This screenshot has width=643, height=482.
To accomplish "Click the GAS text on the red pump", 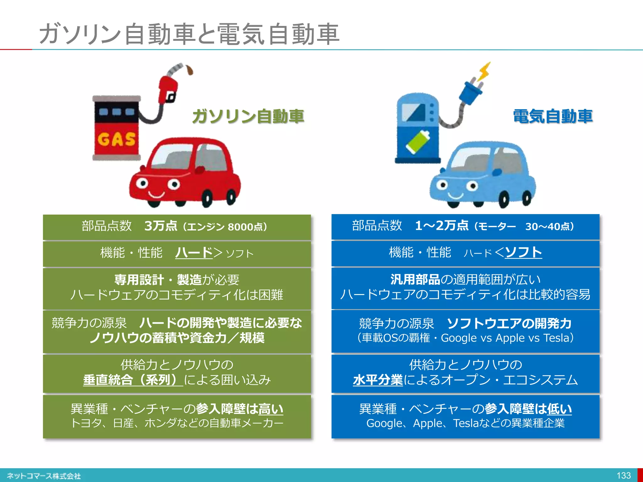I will (116, 139).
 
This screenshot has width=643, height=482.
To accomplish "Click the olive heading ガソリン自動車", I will (248, 116).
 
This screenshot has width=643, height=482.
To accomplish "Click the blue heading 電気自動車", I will (553, 116).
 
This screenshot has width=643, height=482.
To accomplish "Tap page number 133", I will (623, 475).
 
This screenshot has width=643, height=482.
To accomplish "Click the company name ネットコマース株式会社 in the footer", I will (44, 476).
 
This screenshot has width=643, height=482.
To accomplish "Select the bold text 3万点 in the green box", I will (161, 226).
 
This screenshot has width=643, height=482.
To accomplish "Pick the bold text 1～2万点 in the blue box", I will (441, 226).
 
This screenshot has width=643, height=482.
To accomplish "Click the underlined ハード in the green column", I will (194, 253).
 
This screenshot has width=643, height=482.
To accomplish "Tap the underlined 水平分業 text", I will (378, 380).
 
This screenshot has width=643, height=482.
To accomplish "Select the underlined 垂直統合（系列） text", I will (132, 380).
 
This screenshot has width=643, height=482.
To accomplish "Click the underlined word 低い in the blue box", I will (559, 409).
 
